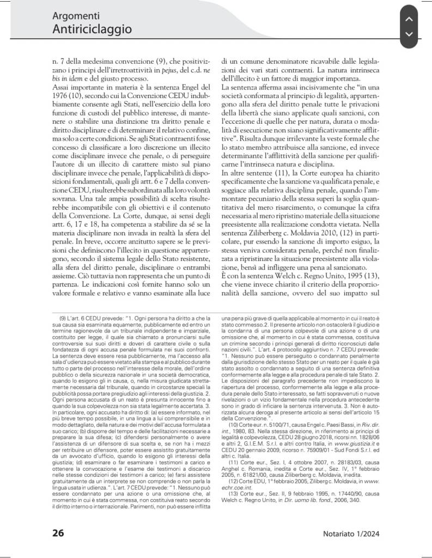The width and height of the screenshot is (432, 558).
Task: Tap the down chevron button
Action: (x=411, y=35)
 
